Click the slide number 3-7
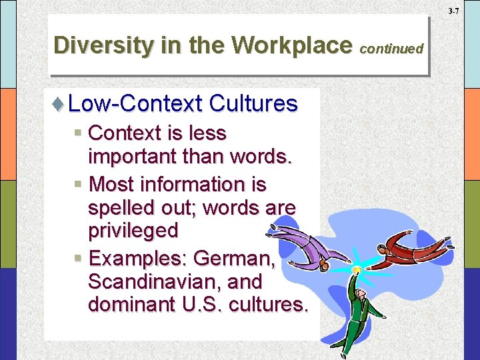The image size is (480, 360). pyautogui.click(x=453, y=11)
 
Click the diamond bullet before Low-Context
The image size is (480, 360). pyautogui.click(x=58, y=104)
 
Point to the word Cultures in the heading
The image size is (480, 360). pyautogui.click(x=253, y=103)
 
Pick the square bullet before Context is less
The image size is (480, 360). pyautogui.click(x=78, y=133)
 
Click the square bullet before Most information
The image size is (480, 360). pyautogui.click(x=78, y=184)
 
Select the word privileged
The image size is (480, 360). pyautogui.click(x=133, y=231)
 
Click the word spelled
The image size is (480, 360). pyautogui.click(x=119, y=208)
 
